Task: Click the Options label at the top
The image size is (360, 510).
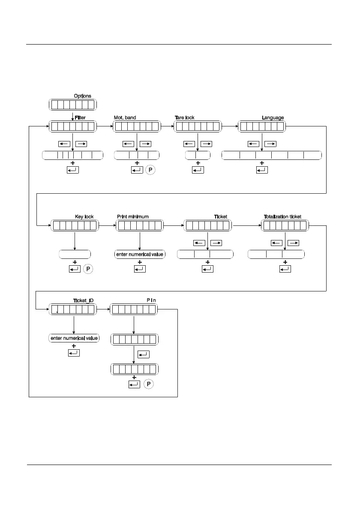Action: [82, 96]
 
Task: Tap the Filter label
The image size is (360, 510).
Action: [80, 117]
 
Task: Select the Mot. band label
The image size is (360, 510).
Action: [125, 117]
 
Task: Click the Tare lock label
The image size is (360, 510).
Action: [185, 117]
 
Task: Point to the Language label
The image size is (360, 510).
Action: [273, 117]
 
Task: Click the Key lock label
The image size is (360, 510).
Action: [84, 217]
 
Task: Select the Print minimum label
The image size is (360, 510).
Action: [133, 217]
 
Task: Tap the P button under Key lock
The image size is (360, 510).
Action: [89, 269]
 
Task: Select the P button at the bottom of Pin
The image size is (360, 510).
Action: [148, 384]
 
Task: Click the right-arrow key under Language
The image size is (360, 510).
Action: [270, 144]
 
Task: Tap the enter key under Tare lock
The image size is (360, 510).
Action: [198, 170]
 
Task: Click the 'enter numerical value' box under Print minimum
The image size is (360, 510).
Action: [140, 254]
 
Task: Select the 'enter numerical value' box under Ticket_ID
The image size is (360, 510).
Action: [74, 338]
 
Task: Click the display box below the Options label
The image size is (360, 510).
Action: [72, 105]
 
